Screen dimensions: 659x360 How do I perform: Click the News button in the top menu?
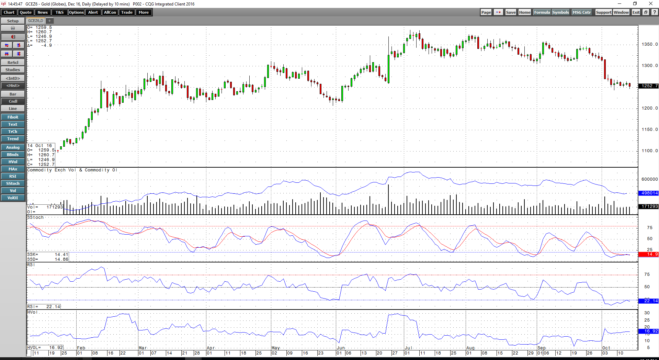click(x=43, y=12)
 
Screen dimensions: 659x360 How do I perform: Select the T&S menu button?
click(x=59, y=12)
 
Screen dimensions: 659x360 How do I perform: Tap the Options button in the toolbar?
click(x=76, y=12)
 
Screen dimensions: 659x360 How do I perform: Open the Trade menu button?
click(x=127, y=12)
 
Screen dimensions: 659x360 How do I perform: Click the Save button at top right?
click(x=511, y=12)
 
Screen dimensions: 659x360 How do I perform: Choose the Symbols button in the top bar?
click(x=560, y=12)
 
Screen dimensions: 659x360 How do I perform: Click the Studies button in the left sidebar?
click(x=13, y=70)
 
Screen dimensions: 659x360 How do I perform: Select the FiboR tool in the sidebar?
click(x=13, y=117)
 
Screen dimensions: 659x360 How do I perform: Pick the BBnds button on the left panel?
click(x=13, y=155)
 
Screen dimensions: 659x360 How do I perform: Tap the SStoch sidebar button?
click(x=13, y=183)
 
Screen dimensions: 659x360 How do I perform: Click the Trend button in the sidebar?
click(x=13, y=139)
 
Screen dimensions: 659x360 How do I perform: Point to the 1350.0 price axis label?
click(x=650, y=44)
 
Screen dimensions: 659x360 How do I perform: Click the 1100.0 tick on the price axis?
click(x=650, y=151)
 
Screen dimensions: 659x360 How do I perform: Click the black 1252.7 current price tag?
click(x=648, y=86)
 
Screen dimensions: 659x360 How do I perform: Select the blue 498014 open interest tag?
click(x=648, y=193)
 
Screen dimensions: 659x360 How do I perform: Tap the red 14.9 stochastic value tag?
click(x=648, y=254)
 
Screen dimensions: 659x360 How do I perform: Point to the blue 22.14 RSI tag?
click(x=648, y=301)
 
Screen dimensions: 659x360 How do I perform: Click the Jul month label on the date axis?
click(x=408, y=348)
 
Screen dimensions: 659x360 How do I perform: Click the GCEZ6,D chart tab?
click(x=36, y=21)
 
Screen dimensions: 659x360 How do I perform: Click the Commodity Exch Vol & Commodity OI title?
click(x=72, y=170)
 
